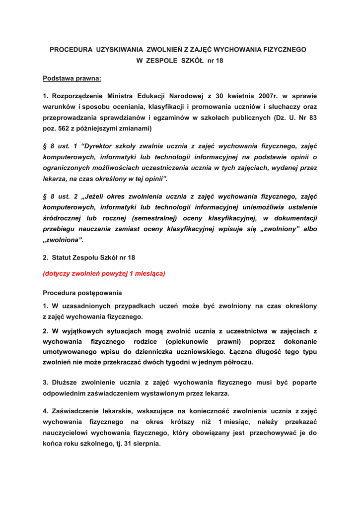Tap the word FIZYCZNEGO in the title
(x=282, y=50)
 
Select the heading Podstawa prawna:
(x=72, y=78)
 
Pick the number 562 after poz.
(x=62, y=128)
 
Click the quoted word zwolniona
(x=63, y=240)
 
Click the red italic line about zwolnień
(x=104, y=273)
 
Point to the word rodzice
(x=145, y=342)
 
